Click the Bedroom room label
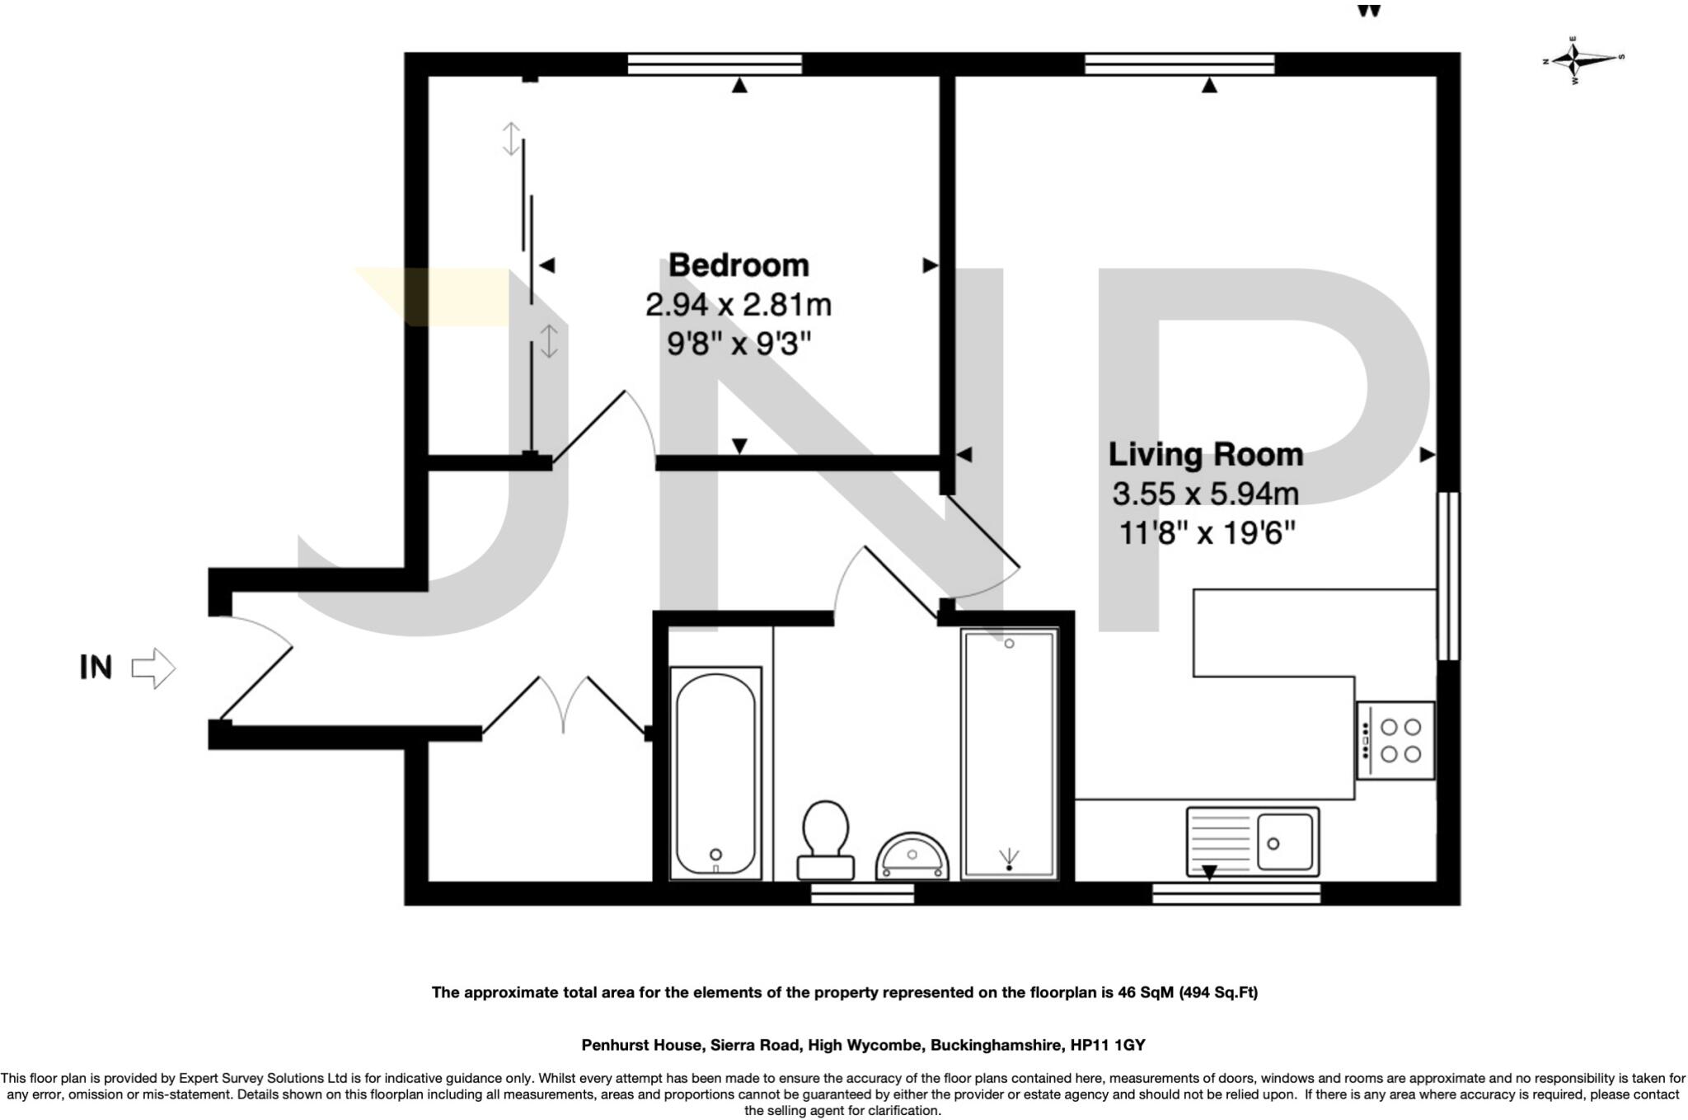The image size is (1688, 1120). pyautogui.click(x=738, y=265)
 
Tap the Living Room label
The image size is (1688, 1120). pyautogui.click(x=1205, y=455)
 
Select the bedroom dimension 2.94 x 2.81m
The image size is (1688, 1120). pyautogui.click(x=738, y=306)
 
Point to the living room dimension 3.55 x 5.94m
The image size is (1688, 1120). pyautogui.click(x=1205, y=494)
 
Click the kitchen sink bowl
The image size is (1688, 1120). pyautogui.click(x=1283, y=841)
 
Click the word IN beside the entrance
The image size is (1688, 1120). pyautogui.click(x=96, y=667)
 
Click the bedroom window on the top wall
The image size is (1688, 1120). pyautogui.click(x=715, y=63)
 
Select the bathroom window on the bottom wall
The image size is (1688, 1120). pyautogui.click(x=862, y=893)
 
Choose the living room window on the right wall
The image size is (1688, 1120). pyautogui.click(x=1448, y=576)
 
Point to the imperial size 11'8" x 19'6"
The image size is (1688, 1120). pyautogui.click(x=1207, y=534)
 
